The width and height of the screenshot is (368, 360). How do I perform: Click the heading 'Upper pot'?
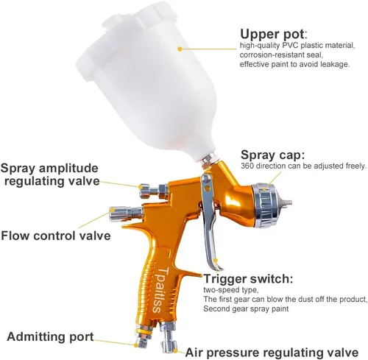[x=273, y=35]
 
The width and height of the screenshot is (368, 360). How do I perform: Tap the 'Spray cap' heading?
[x=272, y=155]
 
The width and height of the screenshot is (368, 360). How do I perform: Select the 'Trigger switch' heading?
[x=248, y=279]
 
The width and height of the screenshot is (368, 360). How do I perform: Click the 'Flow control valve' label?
[x=56, y=236]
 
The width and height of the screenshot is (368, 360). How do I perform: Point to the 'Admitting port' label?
[x=50, y=336]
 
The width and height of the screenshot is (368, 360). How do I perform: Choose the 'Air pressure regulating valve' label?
[x=272, y=353]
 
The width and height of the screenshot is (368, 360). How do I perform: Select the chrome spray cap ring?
[x=263, y=205]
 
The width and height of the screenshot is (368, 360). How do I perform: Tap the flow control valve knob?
[x=126, y=213]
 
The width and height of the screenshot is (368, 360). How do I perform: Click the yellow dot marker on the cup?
[x=180, y=49]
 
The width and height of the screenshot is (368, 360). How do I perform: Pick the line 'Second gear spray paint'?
[x=246, y=308]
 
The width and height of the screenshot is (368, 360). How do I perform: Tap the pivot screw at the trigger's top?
[x=207, y=178]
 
